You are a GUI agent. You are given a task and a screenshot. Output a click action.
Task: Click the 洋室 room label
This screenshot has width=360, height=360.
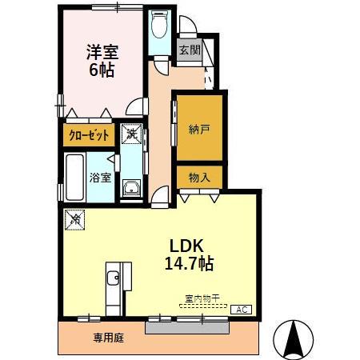[x=102, y=51]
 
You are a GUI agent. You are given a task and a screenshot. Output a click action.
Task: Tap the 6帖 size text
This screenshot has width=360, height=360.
[x=102, y=70]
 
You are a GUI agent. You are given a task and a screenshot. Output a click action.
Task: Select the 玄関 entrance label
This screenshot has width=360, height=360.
[x=189, y=50]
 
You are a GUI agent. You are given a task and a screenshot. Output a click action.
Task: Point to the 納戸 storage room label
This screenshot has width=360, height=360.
[x=199, y=128]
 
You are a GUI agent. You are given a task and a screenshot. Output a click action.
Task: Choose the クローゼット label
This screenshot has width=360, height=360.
[x=88, y=136]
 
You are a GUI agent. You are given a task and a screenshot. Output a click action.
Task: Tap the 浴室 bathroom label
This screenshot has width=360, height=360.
[x=100, y=178]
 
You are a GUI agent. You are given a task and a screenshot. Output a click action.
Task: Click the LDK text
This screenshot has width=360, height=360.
[x=187, y=245]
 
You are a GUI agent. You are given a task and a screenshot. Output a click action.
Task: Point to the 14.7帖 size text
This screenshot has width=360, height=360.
[x=190, y=262]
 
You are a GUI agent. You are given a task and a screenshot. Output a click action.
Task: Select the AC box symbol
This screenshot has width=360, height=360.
[x=241, y=308]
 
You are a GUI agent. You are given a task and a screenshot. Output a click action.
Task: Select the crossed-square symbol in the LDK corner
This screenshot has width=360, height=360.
[x=75, y=218]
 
